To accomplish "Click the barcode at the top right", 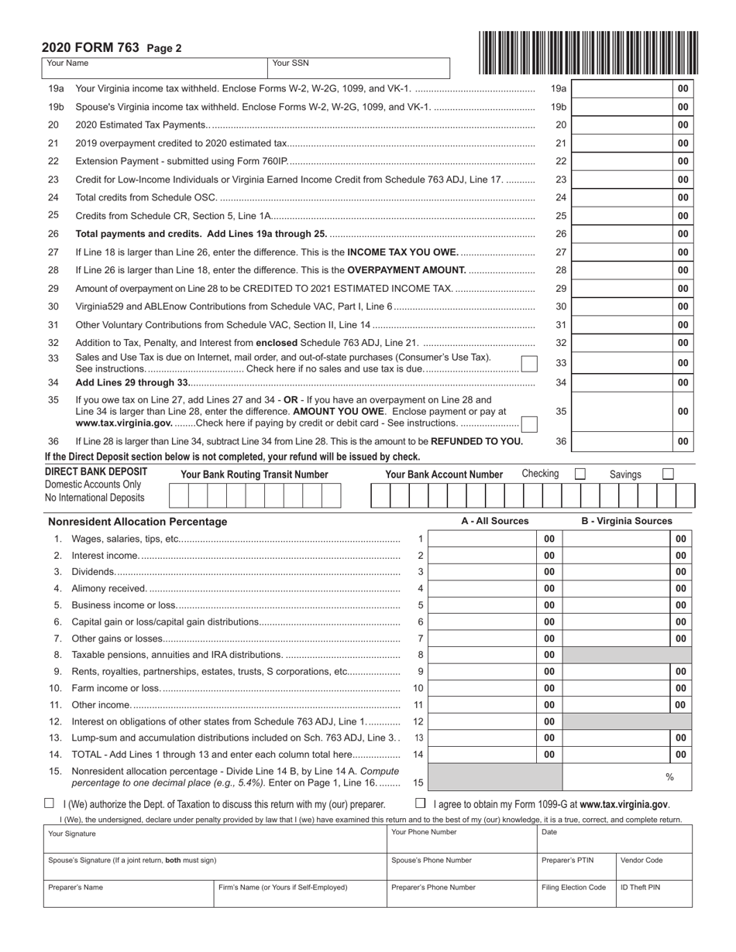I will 588,52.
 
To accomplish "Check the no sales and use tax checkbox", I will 528,364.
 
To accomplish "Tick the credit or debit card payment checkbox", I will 528,423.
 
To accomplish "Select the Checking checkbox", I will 580,474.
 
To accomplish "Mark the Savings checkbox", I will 668,474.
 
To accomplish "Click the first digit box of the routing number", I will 178,495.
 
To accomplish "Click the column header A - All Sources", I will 494,521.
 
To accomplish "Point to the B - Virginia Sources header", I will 627,521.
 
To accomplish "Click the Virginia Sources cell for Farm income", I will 617,688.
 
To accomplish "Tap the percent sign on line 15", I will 669,776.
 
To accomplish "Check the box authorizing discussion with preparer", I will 50,803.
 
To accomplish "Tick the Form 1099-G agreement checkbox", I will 421,803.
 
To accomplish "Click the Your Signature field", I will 215,840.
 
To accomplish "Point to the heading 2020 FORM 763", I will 90,48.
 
